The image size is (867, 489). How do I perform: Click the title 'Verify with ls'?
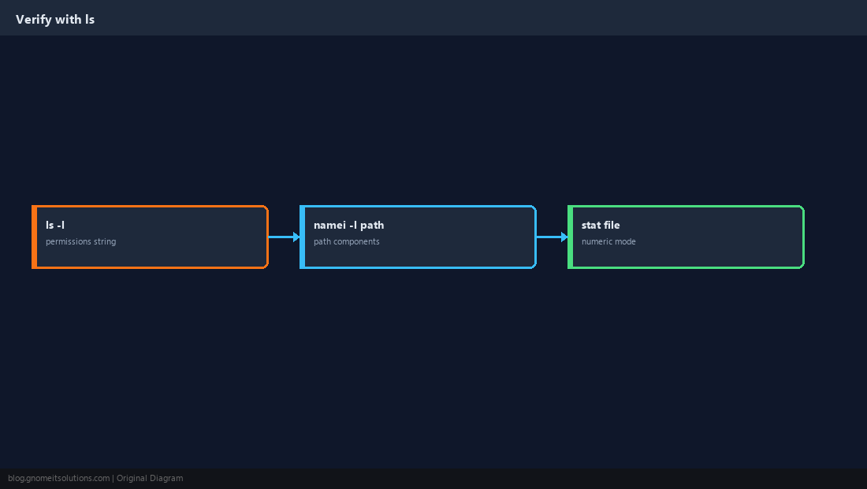[x=55, y=20]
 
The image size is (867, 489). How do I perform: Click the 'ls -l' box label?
[x=55, y=225]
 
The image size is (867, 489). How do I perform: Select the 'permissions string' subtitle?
[x=80, y=241]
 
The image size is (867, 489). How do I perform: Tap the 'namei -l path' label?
[x=349, y=225]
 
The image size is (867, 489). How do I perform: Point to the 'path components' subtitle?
[x=347, y=241]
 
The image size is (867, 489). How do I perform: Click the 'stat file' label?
[x=601, y=225]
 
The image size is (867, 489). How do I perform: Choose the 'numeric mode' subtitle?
[x=608, y=241]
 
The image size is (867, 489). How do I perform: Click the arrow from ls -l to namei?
[x=285, y=237]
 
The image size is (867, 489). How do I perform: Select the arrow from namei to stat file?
[x=553, y=237]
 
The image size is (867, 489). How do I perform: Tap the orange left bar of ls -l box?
[x=34, y=237]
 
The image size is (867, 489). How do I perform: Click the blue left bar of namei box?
[x=303, y=237]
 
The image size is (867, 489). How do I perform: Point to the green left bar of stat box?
[x=571, y=237]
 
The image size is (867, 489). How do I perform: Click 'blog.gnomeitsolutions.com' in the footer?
[x=58, y=479]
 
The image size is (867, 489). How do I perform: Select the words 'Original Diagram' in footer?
[x=150, y=479]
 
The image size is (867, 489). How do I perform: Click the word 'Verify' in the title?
[x=34, y=20]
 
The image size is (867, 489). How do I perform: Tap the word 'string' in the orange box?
[x=105, y=241]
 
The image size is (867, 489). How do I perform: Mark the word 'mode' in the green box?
[x=625, y=241]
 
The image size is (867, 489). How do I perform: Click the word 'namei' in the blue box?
[x=329, y=225]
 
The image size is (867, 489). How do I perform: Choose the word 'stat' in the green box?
[x=591, y=225]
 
